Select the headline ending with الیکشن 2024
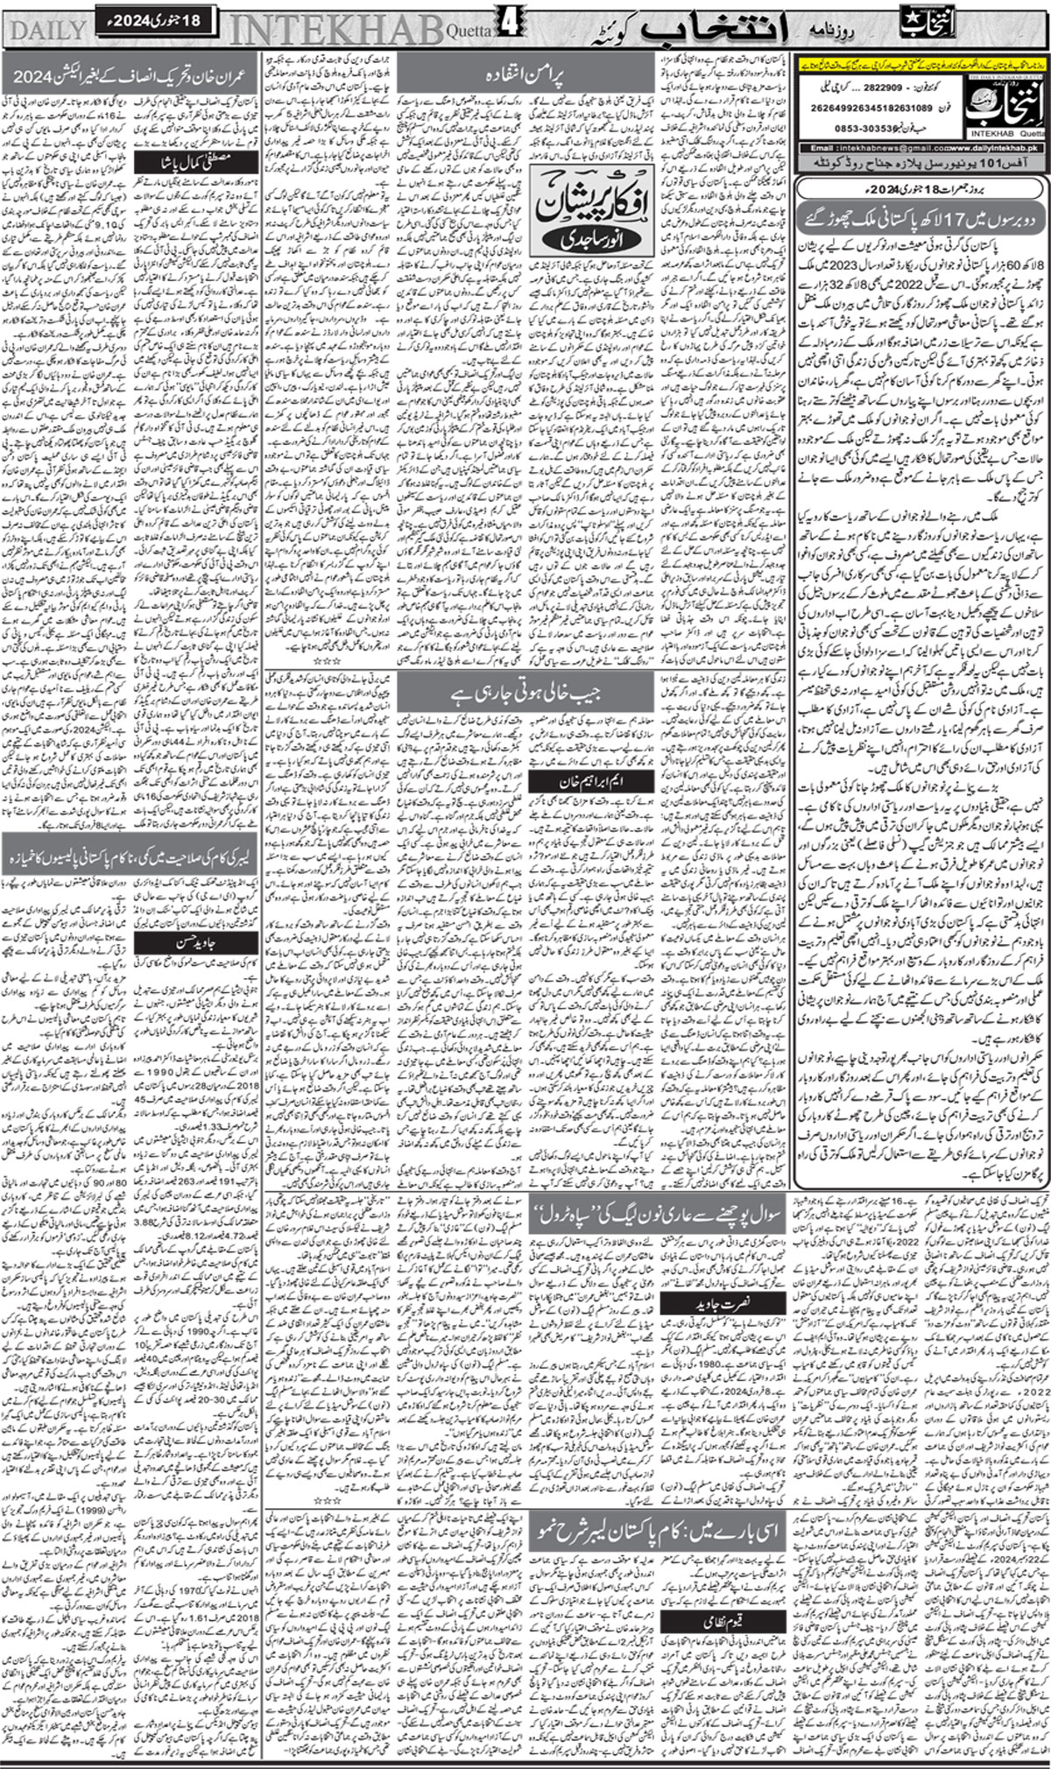pos(131,77)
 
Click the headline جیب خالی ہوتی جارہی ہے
pos(525,696)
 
